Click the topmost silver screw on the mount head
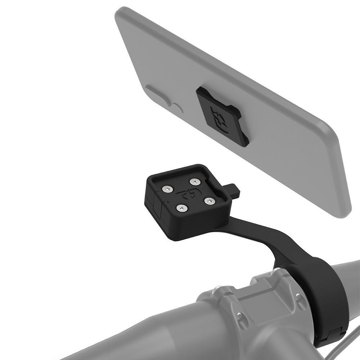pyautogui.click(x=195, y=181)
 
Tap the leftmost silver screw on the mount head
pyautogui.click(x=168, y=189)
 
